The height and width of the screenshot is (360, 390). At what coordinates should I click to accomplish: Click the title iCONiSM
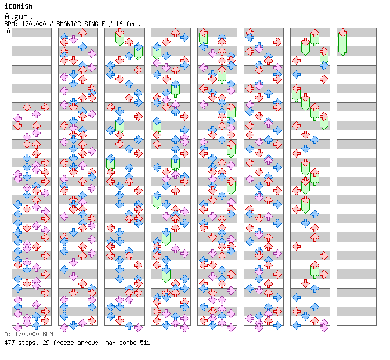[x=18, y=7]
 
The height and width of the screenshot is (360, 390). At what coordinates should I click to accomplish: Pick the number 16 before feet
[x=118, y=24]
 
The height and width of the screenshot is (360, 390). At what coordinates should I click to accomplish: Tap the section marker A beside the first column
[x=9, y=31]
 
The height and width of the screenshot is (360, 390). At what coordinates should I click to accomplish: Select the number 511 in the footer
[x=144, y=343]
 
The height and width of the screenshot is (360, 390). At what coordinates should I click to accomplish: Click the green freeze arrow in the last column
[x=342, y=42]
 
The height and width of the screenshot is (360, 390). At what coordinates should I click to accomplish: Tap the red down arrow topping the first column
[x=27, y=107]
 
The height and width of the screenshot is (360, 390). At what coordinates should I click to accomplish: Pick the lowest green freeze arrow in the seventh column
[x=315, y=269]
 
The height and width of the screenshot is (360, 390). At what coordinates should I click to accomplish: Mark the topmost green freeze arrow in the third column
[x=120, y=38]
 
